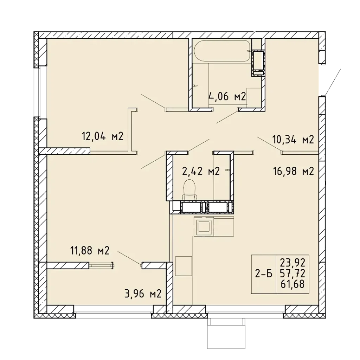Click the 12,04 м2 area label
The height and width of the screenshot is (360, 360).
coord(103,137)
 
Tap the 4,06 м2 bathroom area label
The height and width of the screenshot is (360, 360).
coord(227,96)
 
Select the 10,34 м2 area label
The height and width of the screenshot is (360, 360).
coord(293,139)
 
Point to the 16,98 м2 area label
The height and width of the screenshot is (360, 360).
coord(294,171)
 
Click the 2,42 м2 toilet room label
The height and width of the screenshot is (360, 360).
coord(201,171)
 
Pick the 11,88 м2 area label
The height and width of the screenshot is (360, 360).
coord(90,250)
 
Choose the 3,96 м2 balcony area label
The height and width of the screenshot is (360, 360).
coord(143,294)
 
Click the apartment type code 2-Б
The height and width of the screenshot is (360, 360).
coord(264,274)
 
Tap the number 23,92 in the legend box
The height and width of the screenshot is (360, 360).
coord(293,262)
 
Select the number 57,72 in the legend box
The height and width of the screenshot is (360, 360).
coord(293,273)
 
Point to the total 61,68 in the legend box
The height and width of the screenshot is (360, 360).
coord(293,284)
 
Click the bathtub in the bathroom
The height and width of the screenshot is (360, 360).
coord(222,51)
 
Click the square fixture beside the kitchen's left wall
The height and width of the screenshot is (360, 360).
coord(184,266)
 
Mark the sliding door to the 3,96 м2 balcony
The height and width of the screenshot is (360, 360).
coord(101,266)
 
